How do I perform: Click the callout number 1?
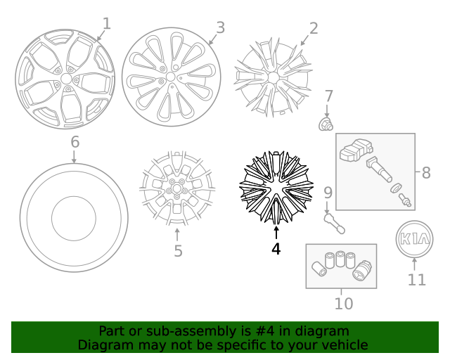click(107, 24)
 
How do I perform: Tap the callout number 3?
click(220, 27)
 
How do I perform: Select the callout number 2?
click(314, 28)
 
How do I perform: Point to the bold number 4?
click(276, 249)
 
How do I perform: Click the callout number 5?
click(178, 250)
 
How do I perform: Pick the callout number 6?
click(75, 143)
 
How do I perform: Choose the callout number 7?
click(328, 96)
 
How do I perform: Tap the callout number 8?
click(426, 172)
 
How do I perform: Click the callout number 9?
click(328, 192)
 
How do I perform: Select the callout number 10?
click(343, 304)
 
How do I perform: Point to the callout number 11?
click(416, 279)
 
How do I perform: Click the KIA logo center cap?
click(413, 238)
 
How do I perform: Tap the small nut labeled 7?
click(326, 124)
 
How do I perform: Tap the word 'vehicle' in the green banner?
click(342, 345)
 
